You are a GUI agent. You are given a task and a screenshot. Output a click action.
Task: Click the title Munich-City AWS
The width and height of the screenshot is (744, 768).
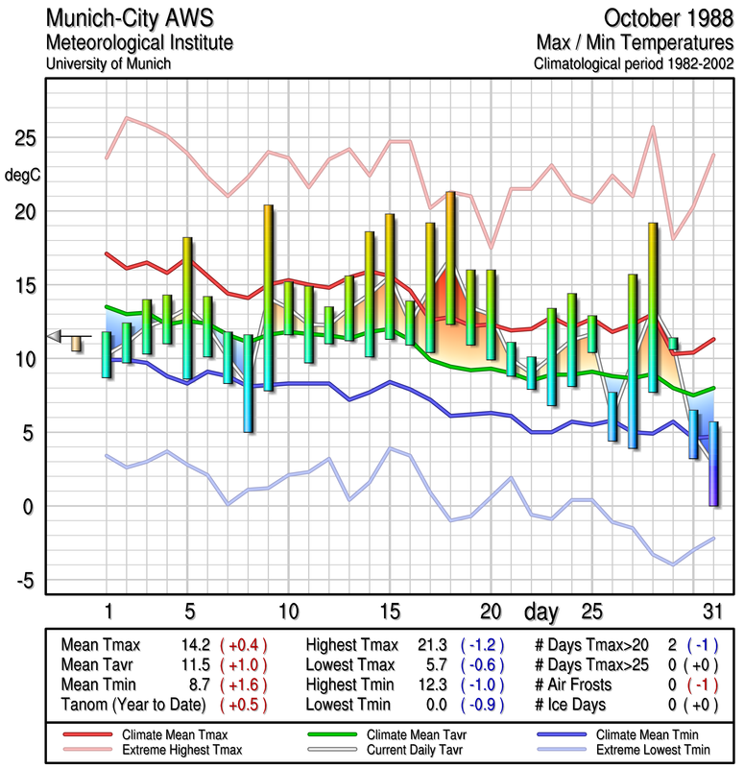pos(124,18)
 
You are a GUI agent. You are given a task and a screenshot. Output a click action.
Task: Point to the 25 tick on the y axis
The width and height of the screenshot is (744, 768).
pos(24,138)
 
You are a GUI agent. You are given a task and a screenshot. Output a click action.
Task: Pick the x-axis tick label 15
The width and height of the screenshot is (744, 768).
pos(389,611)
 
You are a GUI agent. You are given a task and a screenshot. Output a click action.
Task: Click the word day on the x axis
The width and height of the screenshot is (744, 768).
pos(540,611)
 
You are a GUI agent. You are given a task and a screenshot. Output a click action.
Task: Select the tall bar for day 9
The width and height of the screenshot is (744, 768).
pos(269,298)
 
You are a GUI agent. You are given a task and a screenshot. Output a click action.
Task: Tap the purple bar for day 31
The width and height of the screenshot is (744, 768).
pos(713,464)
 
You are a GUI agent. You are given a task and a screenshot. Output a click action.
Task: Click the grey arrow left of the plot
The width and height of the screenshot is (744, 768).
pos(55,335)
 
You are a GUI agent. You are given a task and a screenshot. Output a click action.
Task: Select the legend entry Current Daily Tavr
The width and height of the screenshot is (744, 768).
pos(411,749)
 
